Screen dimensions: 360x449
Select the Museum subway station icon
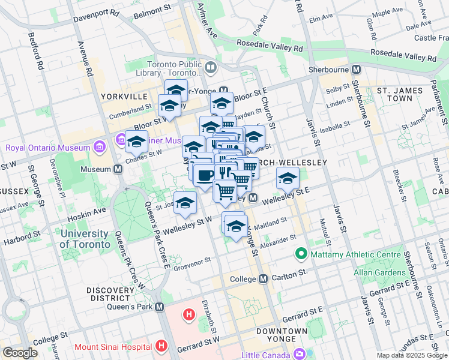118,169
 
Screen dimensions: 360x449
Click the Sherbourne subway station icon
356,70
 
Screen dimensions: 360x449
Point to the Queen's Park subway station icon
159,307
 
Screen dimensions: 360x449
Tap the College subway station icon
263,279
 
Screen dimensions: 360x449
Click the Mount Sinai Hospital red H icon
161,346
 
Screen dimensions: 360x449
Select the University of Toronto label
85,239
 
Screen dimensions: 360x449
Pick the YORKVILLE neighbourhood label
124,96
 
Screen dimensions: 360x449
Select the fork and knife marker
225,173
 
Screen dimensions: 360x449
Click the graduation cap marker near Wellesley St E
288,178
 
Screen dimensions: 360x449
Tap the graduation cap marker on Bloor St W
137,142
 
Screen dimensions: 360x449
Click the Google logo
20,353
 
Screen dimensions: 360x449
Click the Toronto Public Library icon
211,67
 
